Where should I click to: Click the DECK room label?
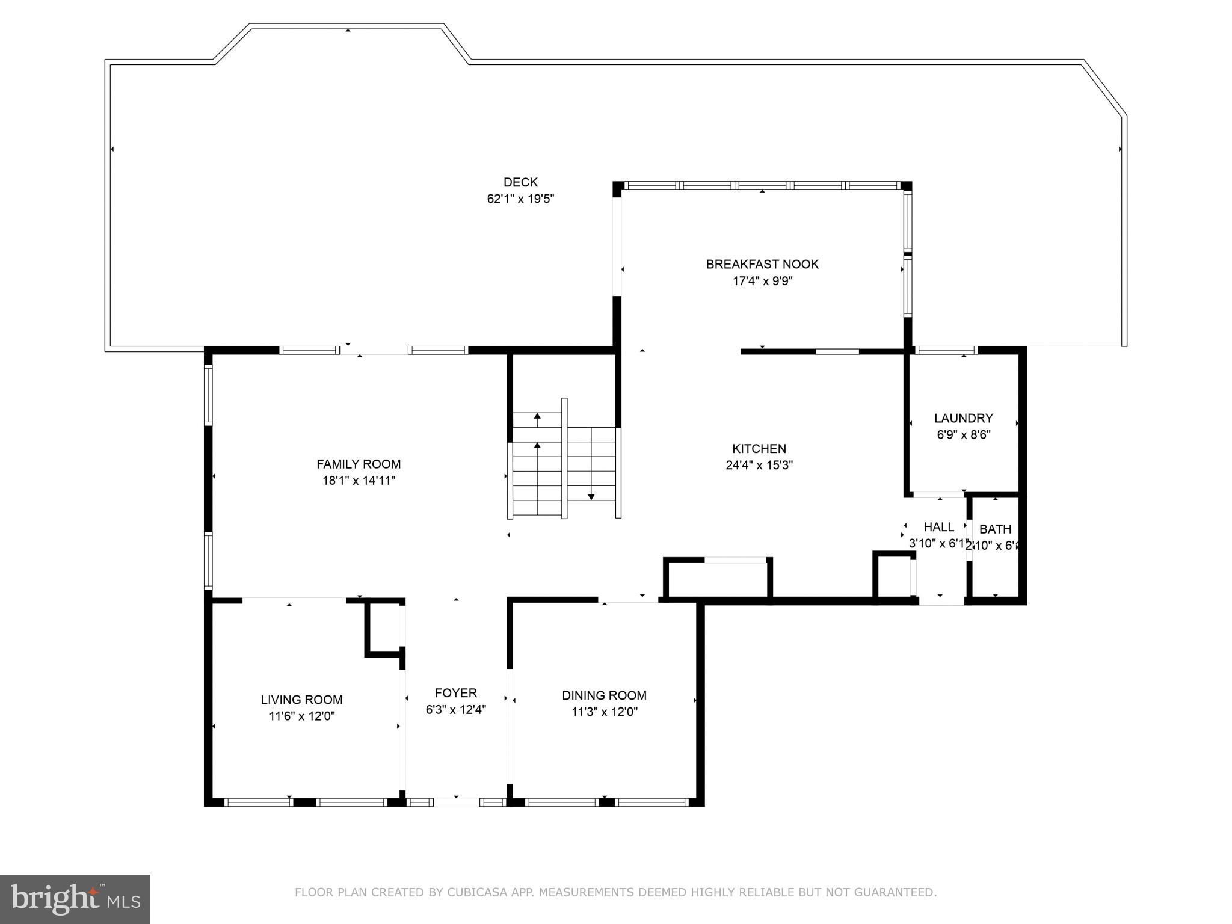pos(520,182)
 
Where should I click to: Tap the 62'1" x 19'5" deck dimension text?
pos(520,199)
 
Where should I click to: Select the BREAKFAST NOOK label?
pos(762,264)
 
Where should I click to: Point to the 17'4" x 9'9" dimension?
pos(762,281)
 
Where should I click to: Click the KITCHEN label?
pos(759,449)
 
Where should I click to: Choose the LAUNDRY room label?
pos(963,418)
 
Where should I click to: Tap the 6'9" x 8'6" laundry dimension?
pos(963,435)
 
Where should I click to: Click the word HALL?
pos(938,527)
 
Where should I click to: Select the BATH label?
pos(995,529)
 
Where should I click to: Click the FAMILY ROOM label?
pos(359,464)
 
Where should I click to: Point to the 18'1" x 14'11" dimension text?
pos(359,481)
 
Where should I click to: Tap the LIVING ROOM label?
pos(301,700)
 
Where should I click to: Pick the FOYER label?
pos(456,693)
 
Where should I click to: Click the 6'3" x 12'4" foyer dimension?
pos(456,710)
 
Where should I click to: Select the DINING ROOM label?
pos(604,695)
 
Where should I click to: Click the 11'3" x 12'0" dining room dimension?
pos(604,712)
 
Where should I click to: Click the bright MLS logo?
pos(75,899)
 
